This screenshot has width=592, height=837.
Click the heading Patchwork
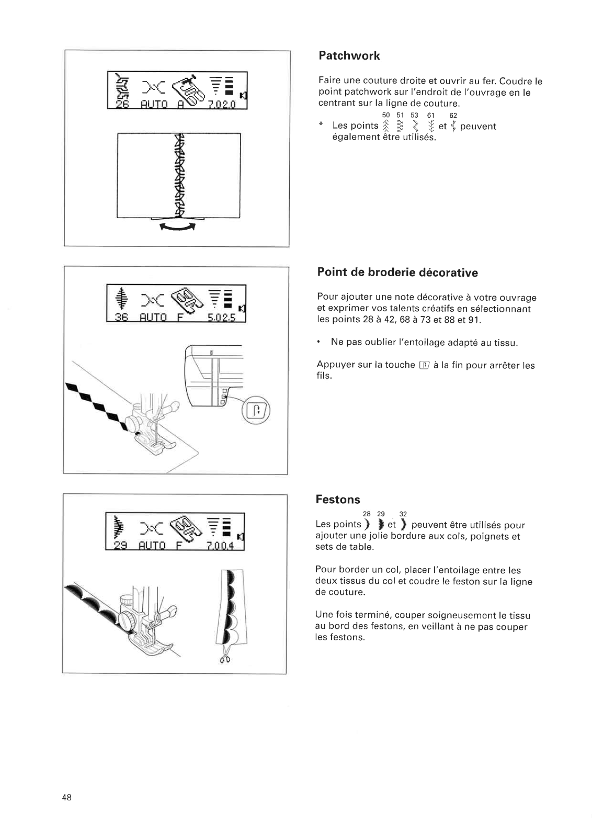click(x=349, y=56)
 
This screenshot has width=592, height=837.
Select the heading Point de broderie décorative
click(x=397, y=273)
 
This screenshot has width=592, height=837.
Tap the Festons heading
click(x=338, y=500)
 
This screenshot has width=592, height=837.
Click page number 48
click(x=66, y=797)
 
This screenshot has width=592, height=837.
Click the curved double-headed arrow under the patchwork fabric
click(x=178, y=226)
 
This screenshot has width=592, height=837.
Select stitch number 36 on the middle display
click(x=121, y=317)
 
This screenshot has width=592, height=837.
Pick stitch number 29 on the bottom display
click(x=120, y=546)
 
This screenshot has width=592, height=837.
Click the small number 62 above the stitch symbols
click(x=453, y=115)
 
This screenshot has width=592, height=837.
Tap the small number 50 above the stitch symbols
click(x=386, y=115)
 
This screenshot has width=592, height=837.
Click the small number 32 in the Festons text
click(x=403, y=514)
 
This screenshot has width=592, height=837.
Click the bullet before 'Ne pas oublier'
click(x=318, y=343)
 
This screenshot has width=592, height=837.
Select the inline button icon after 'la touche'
click(x=424, y=365)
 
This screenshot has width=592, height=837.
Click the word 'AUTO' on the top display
click(x=154, y=104)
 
